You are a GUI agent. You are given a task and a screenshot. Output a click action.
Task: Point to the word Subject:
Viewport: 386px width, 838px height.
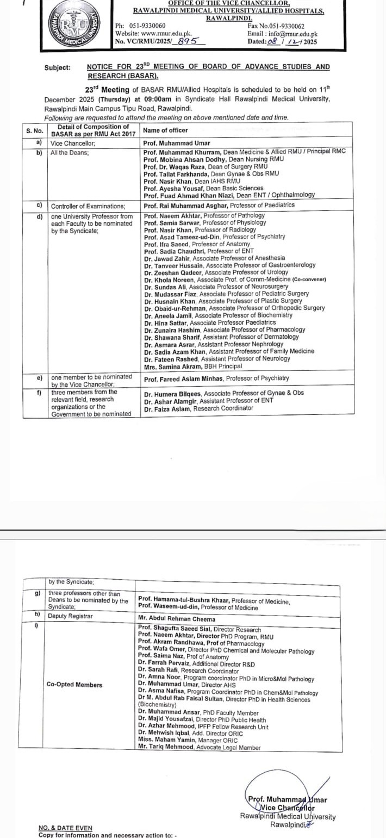pos(57,67)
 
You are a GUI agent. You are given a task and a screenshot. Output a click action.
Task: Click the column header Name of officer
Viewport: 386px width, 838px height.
pos(165,130)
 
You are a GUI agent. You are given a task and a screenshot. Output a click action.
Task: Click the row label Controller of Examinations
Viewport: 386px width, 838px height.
pos(88,206)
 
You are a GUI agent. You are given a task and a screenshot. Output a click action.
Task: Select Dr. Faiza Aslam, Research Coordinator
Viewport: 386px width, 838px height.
pos(199,408)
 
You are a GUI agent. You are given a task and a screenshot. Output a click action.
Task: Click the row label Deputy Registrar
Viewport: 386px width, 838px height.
pos(71,616)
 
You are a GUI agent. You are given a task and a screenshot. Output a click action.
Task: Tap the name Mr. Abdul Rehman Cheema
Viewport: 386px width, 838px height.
pos(177,619)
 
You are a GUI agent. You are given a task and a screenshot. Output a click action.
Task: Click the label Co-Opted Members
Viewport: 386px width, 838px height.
pos(74,685)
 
